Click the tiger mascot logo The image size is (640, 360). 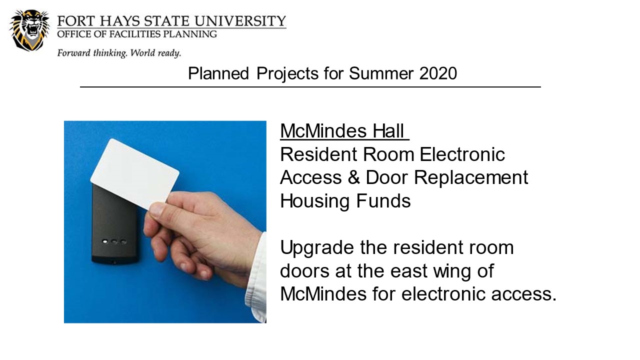29,30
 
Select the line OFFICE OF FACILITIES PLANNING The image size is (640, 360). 137,34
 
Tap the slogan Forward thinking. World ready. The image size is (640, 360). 119,53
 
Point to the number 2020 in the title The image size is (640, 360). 438,73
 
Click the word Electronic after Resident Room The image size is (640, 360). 462,154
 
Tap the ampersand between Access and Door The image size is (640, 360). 353,177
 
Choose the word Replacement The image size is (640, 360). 471,178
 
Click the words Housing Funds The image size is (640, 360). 345,201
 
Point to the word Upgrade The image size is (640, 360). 317,248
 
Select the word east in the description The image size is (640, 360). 409,271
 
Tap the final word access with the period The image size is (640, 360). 524,294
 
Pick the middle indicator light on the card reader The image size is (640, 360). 114,241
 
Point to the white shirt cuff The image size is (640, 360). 256,278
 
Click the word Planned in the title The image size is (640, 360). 218,73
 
